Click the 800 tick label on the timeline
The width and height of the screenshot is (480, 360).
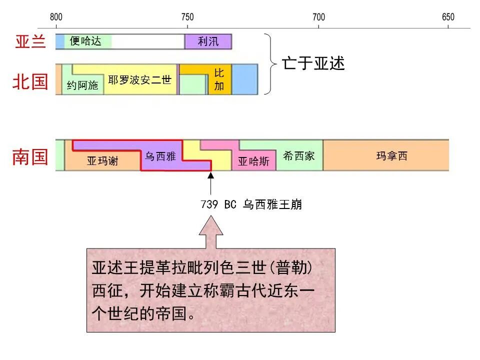[x=56, y=17]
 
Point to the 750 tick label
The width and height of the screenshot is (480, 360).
[x=187, y=17]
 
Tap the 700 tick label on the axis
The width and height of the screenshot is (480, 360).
[x=318, y=17]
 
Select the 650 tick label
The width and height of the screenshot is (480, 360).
[x=448, y=17]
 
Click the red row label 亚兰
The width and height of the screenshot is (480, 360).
[x=30, y=42]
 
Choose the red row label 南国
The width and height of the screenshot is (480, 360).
[x=30, y=157]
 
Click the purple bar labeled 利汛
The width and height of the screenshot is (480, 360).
[x=208, y=41]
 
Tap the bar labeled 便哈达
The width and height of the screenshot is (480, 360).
[x=85, y=41]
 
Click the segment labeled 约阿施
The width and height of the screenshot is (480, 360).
[x=82, y=85]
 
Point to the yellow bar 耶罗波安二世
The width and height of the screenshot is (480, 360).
[x=140, y=79]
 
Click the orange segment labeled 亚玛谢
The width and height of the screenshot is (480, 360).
[x=102, y=161]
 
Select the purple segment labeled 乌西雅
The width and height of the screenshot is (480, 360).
[x=160, y=156]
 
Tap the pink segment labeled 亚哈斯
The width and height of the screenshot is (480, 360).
[x=253, y=161]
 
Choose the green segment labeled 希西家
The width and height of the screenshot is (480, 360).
[x=298, y=156]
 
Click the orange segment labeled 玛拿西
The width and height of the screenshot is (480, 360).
[x=391, y=156]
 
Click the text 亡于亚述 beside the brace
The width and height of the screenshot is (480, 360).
[x=313, y=63]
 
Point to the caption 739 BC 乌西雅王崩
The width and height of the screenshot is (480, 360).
[x=251, y=204]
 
